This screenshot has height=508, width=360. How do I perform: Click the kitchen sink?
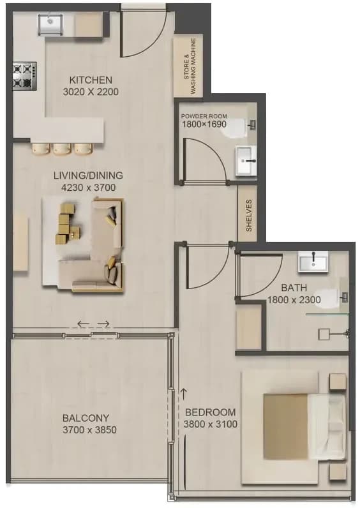pyautogui.click(x=50, y=24)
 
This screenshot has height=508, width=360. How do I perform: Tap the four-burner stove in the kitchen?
pyautogui.click(x=24, y=76)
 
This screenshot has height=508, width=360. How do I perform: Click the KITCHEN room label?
pyautogui.click(x=91, y=80)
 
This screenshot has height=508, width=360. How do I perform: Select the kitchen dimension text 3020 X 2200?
pyautogui.click(x=91, y=92)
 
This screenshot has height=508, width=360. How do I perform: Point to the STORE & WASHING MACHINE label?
pyautogui.click(x=190, y=66)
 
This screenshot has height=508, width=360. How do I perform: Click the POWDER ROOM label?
pyautogui.click(x=204, y=116)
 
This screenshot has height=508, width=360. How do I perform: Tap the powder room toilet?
pyautogui.click(x=238, y=128)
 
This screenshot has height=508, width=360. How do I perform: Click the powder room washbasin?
pyautogui.click(x=246, y=161)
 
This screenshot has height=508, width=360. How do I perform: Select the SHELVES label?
pyautogui.click(x=249, y=216)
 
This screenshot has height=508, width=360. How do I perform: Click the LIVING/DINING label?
pyautogui.click(x=88, y=176)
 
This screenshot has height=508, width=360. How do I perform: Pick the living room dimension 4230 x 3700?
pyautogui.click(x=88, y=187)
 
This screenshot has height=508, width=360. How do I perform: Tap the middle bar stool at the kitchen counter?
pyautogui.click(x=62, y=149)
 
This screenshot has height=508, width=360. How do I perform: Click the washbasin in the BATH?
pyautogui.click(x=313, y=262)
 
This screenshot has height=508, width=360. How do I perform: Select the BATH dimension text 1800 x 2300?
pyautogui.click(x=294, y=300)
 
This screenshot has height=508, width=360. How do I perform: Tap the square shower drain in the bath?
pyautogui.click(x=324, y=334)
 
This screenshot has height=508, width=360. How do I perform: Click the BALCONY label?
pyautogui.click(x=86, y=418)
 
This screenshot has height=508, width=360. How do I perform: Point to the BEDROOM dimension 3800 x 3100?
pyautogui.click(x=210, y=424)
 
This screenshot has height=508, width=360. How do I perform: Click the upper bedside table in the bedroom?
pyautogui.click(x=338, y=383)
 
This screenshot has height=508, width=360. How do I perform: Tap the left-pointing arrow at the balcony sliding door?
pyautogui.click(x=83, y=324)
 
